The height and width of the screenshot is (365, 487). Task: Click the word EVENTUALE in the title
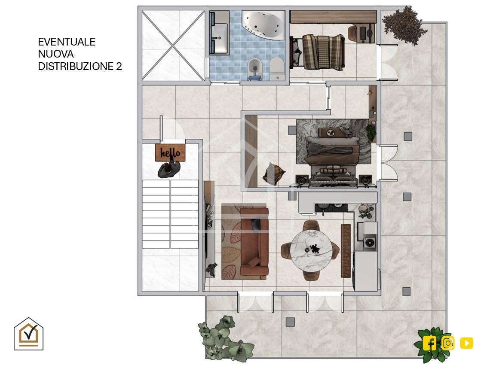[x=67, y=42]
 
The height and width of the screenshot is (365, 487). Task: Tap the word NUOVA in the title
[x=56, y=54]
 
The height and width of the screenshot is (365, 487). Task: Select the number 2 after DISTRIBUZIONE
[x=119, y=66]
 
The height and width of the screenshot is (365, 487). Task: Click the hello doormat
[x=170, y=152]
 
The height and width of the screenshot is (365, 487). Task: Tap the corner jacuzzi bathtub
[x=263, y=25]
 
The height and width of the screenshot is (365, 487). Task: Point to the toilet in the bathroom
[x=277, y=68]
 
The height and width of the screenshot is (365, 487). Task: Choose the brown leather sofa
[x=254, y=241]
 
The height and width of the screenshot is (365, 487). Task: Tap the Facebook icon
[x=429, y=343]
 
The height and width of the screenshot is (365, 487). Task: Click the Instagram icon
[x=448, y=343]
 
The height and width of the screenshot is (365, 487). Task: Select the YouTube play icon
[x=466, y=343]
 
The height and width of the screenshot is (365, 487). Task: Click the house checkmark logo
[x=28, y=334]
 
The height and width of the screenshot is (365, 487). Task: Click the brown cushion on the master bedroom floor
[x=274, y=174]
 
